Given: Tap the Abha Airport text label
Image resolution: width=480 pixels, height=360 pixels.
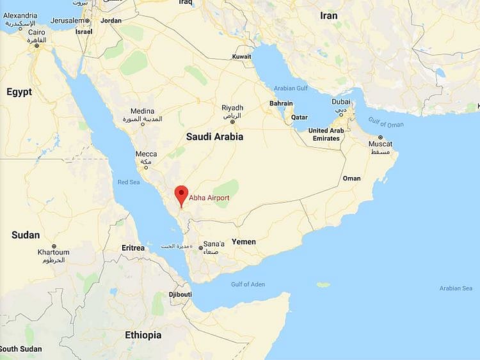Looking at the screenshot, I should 209,198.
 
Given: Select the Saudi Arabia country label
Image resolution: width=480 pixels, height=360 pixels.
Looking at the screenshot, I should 214,136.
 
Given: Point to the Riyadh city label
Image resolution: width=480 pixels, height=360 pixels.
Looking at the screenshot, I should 232,107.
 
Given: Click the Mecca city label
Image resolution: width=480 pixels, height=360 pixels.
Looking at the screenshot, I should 146,154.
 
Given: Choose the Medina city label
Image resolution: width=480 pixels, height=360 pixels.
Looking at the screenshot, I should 142,111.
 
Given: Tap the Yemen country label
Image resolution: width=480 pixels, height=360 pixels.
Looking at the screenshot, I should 243,242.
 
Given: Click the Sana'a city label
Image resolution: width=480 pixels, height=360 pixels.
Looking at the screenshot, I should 214,244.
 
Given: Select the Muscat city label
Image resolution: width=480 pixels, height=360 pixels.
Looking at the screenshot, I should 380,144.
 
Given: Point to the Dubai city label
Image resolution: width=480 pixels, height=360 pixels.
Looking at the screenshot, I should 340,102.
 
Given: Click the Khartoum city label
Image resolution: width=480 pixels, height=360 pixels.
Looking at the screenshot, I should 53,253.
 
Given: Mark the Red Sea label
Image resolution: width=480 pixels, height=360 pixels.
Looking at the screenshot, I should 129,182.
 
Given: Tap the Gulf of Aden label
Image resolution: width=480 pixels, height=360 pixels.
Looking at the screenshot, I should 248,284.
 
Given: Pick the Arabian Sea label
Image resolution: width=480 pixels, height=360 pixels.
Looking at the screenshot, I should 455,288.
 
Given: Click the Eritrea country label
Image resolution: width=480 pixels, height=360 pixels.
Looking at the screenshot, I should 133,247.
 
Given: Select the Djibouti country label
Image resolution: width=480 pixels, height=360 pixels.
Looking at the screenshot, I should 180,294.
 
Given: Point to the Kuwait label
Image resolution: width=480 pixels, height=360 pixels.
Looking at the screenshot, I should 242,56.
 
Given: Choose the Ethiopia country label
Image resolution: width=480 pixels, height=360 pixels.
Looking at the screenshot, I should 143,334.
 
